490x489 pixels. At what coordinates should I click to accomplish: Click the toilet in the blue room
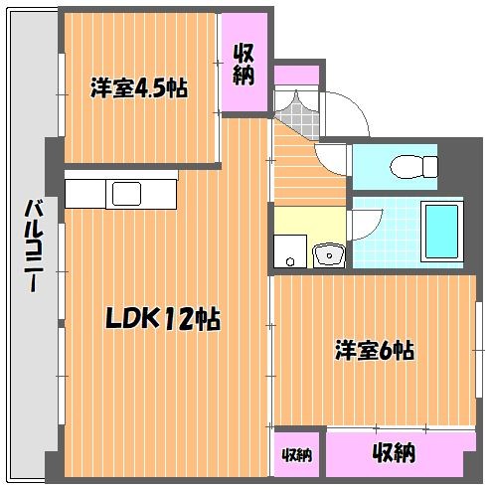414,167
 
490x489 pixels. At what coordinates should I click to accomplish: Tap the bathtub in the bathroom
442,231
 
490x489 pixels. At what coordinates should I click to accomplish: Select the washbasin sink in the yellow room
329,255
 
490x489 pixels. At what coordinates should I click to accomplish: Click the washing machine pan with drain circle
290,251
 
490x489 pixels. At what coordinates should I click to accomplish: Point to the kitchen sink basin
126,194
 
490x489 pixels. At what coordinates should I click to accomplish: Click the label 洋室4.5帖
139,87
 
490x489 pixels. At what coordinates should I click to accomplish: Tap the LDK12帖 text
163,319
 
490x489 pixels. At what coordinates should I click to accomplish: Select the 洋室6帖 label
375,350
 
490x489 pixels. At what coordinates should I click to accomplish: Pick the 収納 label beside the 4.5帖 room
244,64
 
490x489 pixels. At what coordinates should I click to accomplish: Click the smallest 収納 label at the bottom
297,455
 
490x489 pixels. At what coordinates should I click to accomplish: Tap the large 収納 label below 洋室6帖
394,452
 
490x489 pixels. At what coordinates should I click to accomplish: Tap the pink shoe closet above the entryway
297,76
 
